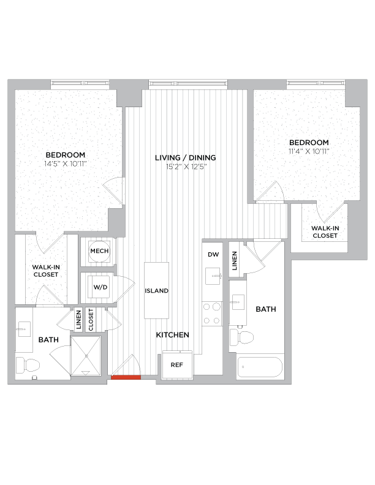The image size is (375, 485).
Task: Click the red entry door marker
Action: pos(126,378)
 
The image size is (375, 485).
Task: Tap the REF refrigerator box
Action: pos(177,364)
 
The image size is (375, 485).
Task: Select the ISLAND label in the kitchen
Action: pos(157,291)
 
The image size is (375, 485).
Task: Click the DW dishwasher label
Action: pos(213,254)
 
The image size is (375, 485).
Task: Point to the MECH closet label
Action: pos(99,252)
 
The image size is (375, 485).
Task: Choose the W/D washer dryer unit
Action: pos(99,287)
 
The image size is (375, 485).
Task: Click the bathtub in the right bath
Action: pos(260,368)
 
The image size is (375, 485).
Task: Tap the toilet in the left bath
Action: pos(28,366)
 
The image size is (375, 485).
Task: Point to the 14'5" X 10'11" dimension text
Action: pos(65,164)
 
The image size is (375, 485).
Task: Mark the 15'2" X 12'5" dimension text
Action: pos(185,167)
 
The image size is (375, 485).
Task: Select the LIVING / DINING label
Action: pos(185,157)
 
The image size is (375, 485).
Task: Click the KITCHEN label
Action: pos(172,335)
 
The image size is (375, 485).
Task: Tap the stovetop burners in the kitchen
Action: pos(212,314)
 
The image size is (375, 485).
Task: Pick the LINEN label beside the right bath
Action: pos(235,259)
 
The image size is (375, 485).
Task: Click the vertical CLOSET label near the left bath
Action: pos(91,319)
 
